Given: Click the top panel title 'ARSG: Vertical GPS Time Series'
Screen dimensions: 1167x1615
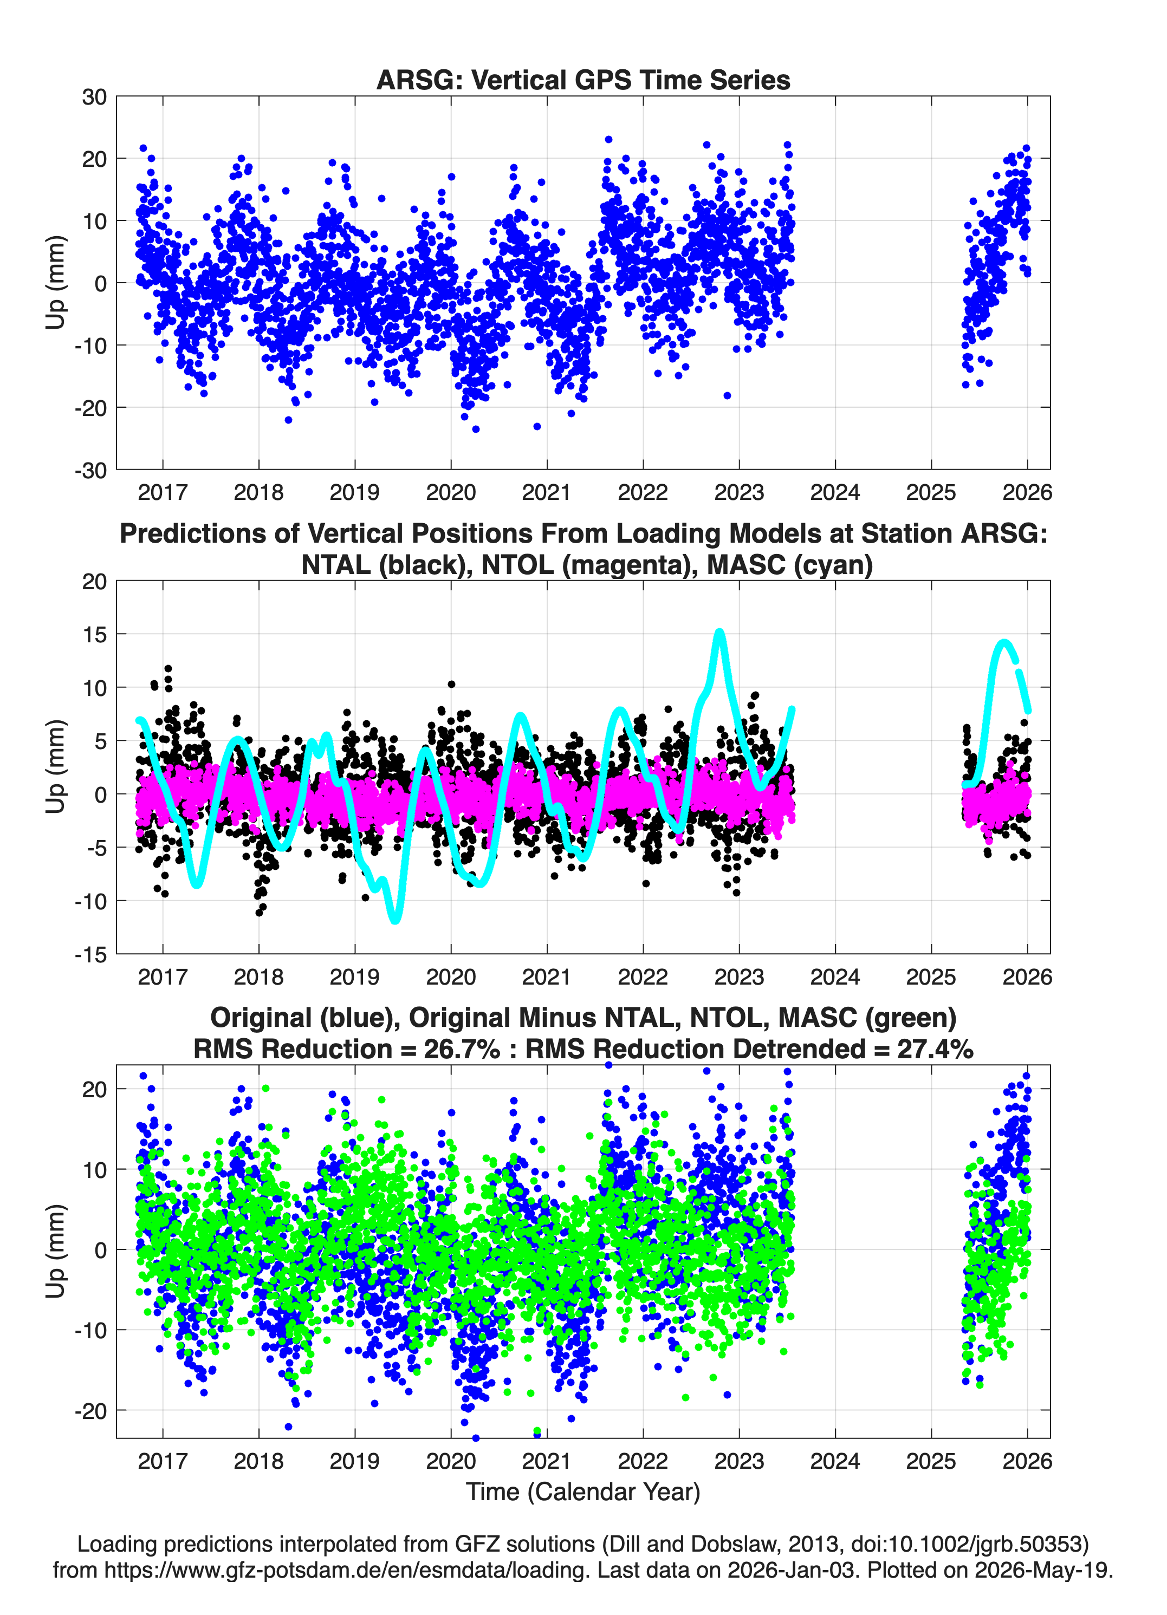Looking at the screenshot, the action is point(583,80).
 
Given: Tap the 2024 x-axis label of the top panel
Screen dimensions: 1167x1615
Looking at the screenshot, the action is point(835,492).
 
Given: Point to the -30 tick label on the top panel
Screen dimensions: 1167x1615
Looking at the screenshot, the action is point(90,470).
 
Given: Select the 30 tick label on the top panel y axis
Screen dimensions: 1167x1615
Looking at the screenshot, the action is point(94,97).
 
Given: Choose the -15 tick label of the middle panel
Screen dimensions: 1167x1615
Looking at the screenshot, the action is point(90,955).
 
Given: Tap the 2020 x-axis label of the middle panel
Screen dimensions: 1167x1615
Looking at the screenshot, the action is point(451,977).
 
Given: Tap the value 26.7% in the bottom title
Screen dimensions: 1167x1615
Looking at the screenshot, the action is point(462,1049).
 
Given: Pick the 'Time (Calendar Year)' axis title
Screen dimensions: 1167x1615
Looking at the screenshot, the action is point(583,1492).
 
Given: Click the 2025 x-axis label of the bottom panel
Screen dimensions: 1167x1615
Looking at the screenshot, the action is point(931,1461).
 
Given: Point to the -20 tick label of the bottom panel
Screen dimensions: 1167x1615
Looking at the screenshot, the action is point(90,1411).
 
